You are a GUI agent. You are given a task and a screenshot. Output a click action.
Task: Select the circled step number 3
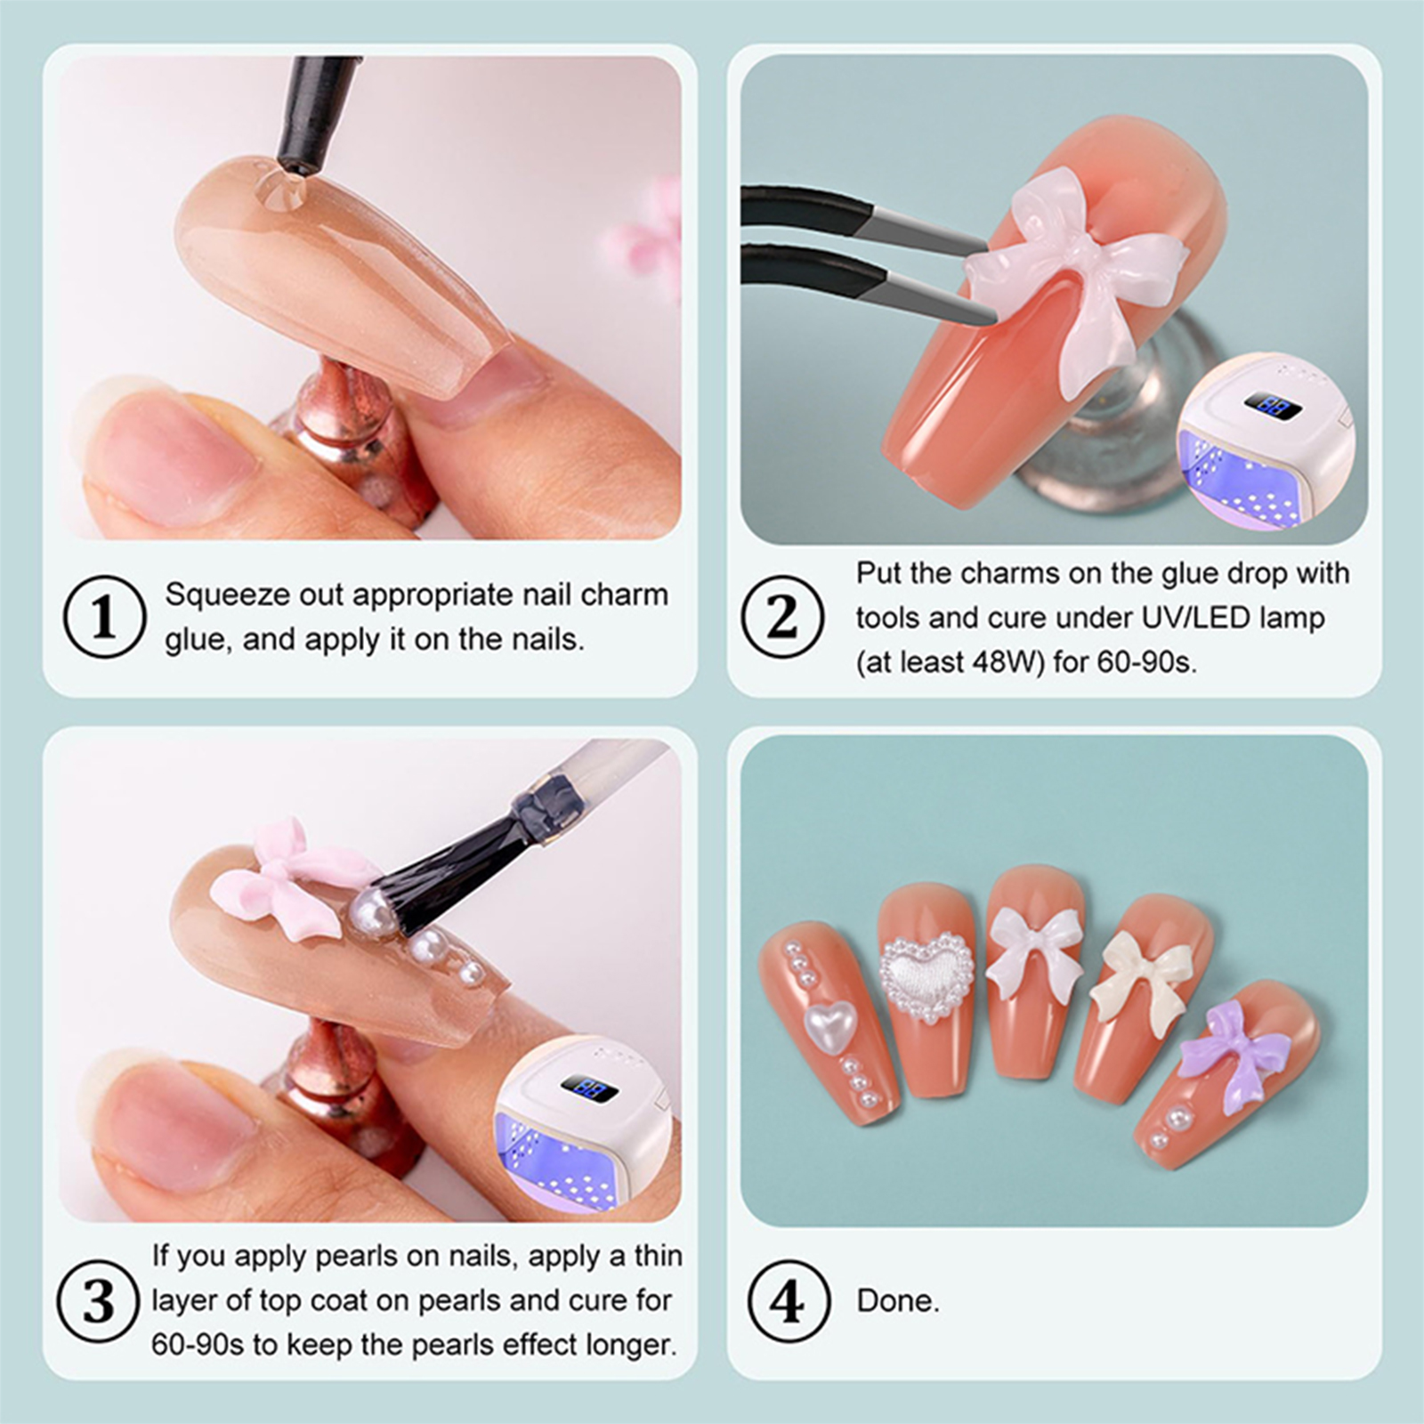(x=98, y=1301)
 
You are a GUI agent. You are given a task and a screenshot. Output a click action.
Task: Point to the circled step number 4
(x=788, y=1301)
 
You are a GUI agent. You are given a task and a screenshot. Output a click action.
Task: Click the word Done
(x=898, y=1301)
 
